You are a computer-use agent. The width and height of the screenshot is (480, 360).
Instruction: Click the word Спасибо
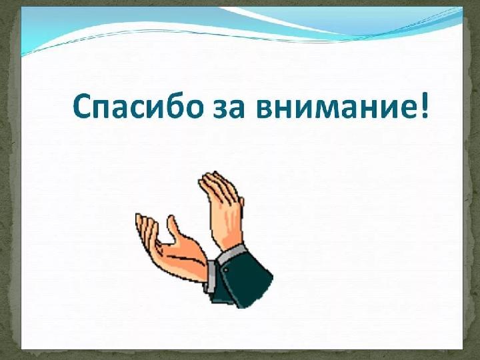(x=139, y=105)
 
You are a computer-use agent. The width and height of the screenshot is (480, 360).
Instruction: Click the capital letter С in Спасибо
(x=83, y=105)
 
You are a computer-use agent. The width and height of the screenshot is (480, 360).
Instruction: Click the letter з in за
(x=219, y=109)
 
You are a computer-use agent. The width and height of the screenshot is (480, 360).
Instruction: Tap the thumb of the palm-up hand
(x=173, y=228)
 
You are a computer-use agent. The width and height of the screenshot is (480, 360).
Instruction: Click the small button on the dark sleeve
(x=226, y=270)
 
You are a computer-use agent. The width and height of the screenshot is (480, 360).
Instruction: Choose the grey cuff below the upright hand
(x=232, y=251)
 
